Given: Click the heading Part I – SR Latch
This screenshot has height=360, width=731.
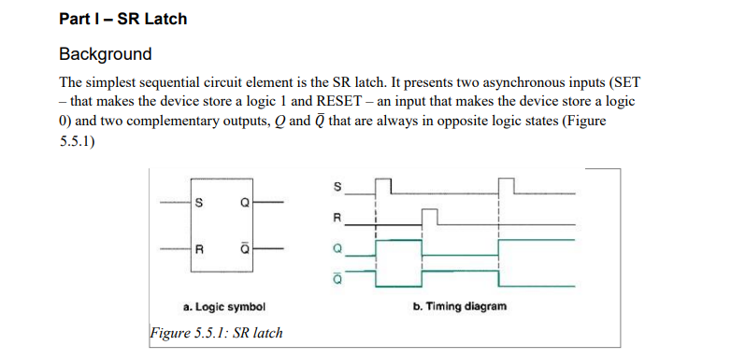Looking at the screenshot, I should click(122, 19).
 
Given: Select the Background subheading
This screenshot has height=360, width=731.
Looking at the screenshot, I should click(105, 53).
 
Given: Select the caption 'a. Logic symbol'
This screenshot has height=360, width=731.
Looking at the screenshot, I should click(224, 307).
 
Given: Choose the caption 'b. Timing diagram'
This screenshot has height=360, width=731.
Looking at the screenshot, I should click(459, 307).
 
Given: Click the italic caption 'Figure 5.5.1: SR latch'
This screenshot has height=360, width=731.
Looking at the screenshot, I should click(216, 333).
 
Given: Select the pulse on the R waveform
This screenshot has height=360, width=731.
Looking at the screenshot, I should click(430, 216).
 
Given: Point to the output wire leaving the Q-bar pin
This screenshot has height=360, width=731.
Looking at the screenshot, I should click(265, 249).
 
